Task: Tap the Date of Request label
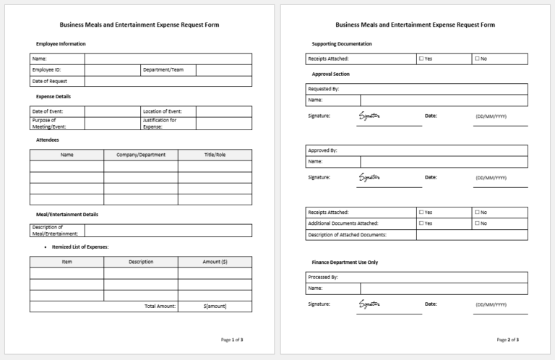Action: click(x=49, y=82)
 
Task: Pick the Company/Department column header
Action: click(x=141, y=155)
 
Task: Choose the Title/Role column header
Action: click(x=215, y=155)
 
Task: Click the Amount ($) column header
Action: click(x=215, y=262)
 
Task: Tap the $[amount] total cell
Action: click(x=215, y=307)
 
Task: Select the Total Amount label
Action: click(x=160, y=307)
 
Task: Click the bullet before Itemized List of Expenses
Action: click(x=46, y=247)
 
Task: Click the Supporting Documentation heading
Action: click(x=342, y=44)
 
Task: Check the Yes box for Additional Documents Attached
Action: click(x=421, y=223)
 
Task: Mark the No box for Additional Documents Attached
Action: click(x=477, y=223)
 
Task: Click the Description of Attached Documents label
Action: click(x=347, y=235)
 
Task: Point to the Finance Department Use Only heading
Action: click(x=345, y=262)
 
